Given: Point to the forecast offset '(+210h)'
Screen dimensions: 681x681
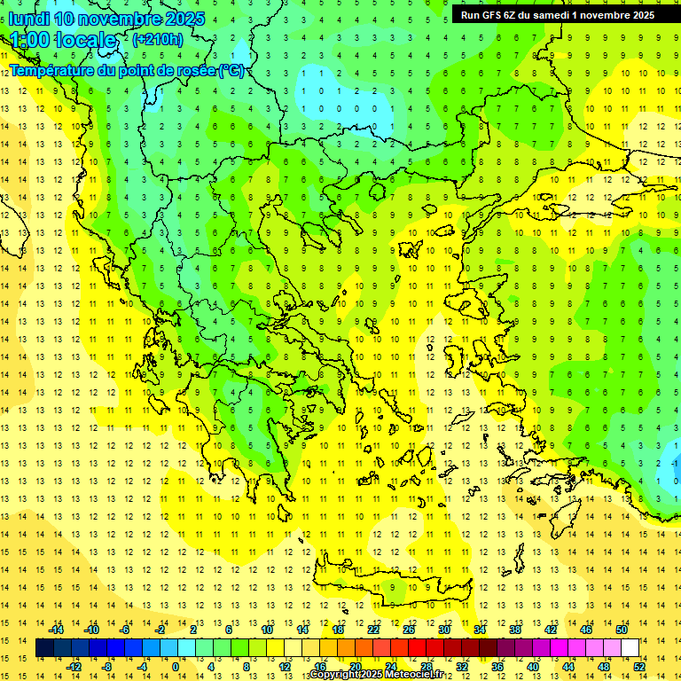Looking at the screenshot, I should pos(158,39).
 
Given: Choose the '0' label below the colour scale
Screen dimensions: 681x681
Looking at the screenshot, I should pos(175,667).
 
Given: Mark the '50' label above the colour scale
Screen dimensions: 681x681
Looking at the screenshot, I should pos(622,630).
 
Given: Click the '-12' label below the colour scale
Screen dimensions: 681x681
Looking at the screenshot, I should pos(74,667).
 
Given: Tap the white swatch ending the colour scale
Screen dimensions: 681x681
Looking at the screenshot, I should pos(630,648).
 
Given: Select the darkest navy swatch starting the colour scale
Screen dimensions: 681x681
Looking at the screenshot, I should pos(44,648).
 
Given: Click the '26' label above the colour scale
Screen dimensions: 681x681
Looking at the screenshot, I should pos(408,630).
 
